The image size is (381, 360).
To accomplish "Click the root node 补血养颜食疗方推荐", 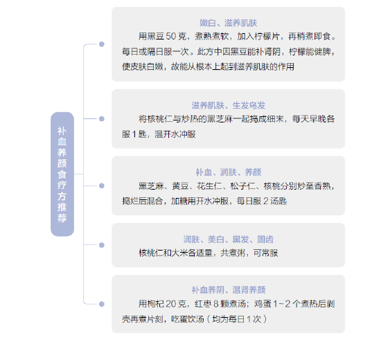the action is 62,174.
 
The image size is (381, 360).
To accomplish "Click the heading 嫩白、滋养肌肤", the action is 228,23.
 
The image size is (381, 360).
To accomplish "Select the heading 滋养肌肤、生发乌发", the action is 228,105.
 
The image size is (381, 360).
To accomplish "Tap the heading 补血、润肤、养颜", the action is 229,172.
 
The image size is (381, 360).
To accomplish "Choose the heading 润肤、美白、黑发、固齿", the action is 228,240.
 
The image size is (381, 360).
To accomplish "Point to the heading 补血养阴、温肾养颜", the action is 229,290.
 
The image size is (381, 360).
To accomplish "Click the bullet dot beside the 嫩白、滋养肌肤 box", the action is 102,44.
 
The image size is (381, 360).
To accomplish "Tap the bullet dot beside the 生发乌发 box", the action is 102,119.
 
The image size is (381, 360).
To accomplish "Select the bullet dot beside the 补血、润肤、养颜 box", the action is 102,186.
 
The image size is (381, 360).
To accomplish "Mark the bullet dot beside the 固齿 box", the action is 102,245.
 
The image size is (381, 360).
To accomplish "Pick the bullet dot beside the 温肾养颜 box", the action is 102,304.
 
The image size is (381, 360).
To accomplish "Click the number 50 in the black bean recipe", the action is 171,37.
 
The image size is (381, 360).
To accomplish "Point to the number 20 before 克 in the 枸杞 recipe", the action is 171,304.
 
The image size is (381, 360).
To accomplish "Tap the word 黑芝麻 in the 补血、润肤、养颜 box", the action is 151,186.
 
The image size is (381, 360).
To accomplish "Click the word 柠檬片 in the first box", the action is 267,37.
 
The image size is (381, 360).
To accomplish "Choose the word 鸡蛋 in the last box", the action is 263,304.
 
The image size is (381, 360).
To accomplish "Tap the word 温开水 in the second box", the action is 167,134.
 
